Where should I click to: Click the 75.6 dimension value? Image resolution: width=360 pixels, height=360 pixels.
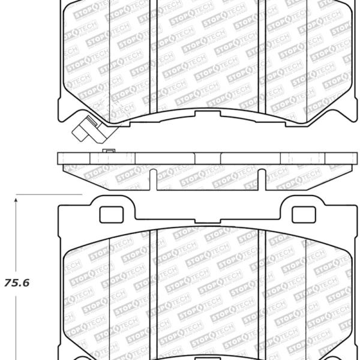point(17,283)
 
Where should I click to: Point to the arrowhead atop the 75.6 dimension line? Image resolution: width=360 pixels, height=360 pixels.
point(16,200)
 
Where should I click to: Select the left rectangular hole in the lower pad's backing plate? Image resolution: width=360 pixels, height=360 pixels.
point(112,215)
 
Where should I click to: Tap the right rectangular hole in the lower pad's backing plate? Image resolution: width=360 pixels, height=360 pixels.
point(304,215)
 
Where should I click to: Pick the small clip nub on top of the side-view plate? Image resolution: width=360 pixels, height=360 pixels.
point(109,151)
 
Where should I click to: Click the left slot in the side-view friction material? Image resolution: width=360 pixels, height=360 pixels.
point(153,180)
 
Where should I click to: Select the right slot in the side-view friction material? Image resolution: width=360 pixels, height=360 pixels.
point(262,180)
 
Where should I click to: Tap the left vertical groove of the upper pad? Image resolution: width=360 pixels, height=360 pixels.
point(153,57)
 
